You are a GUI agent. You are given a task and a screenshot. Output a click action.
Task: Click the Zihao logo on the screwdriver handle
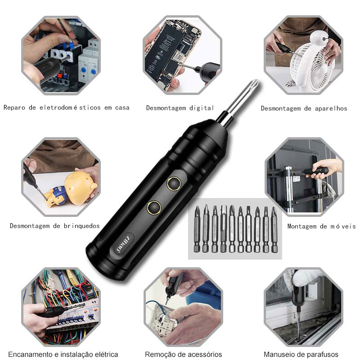point(123,245)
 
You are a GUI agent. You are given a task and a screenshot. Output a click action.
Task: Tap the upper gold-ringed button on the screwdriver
point(174,184)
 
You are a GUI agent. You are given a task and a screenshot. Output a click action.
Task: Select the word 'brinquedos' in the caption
point(82,226)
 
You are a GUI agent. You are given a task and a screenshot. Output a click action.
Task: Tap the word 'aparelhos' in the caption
point(331,108)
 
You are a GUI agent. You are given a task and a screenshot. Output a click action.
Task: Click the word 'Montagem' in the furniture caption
point(302,226)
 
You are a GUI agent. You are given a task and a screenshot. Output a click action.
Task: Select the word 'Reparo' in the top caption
point(14,108)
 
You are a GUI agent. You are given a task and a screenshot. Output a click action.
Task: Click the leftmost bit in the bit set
point(197,229)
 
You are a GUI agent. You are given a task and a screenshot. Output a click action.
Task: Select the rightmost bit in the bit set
point(274,229)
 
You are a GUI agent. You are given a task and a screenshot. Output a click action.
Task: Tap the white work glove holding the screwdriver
point(306,278)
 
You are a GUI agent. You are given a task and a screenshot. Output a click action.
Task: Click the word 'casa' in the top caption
point(122,108)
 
